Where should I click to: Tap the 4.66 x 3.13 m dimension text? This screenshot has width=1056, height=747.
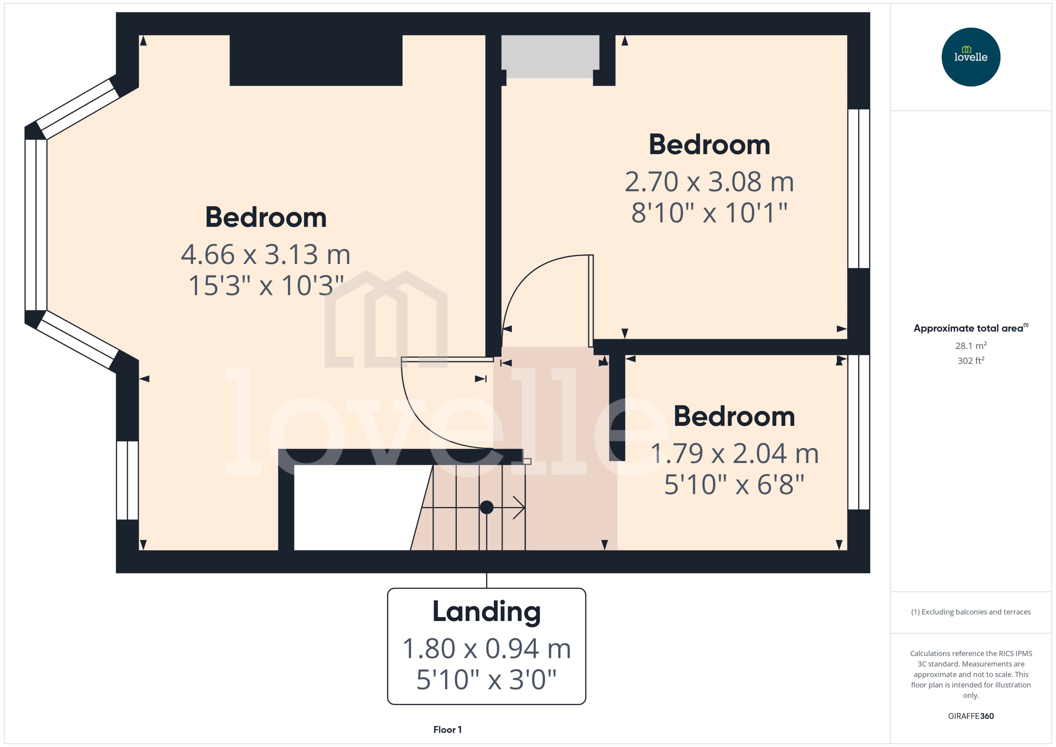266,254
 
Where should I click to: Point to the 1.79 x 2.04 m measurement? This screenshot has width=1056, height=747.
734,454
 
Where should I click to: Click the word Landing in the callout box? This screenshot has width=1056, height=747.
486,612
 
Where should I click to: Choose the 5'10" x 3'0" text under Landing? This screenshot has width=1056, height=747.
486,679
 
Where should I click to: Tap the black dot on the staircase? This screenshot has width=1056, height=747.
486,507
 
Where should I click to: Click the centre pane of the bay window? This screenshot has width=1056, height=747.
36,224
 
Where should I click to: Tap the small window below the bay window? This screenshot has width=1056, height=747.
127,480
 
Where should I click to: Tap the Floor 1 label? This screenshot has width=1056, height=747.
447,730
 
